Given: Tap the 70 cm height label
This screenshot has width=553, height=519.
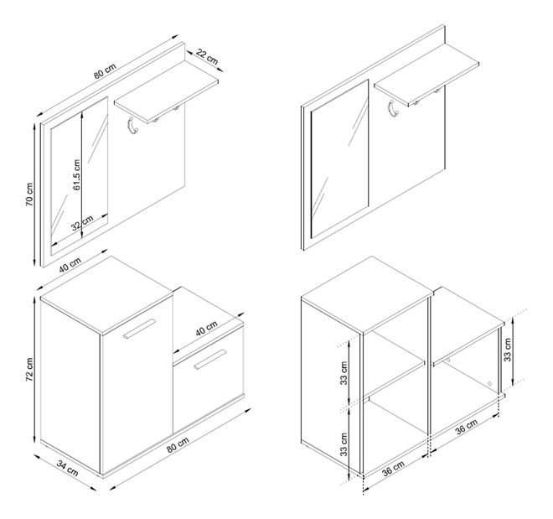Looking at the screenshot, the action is pos(29,195).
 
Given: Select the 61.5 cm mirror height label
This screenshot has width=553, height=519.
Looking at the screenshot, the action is pos(77,174).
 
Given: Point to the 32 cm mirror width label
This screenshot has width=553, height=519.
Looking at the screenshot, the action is pos(82,223).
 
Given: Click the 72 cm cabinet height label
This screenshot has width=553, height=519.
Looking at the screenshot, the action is pos(29,369).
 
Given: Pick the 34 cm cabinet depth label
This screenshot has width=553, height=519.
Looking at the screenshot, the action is pos(68,468).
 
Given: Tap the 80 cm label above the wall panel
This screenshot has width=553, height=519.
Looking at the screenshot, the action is pos(105,71).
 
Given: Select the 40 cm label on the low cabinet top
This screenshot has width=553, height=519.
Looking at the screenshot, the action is pos(207,329).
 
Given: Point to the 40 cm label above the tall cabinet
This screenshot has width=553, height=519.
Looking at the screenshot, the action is pos(70,265).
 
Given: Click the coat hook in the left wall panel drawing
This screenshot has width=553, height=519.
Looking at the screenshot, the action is pos(132,127).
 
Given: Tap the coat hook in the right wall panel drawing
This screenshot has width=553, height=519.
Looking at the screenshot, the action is pos(393,109).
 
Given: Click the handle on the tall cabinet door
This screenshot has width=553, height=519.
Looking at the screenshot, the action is pos(139,330).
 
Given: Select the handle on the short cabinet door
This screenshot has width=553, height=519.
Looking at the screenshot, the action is pos(209,360).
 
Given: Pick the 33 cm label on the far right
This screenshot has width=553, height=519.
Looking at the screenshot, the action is pos(507,350).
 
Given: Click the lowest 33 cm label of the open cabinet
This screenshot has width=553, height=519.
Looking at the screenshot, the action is pos(344,444).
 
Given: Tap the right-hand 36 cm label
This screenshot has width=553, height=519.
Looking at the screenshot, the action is pos(466,427).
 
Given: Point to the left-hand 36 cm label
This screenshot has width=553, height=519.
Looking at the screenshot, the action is pos(393,469).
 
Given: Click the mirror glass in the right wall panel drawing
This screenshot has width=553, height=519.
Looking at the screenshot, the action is pos(340,158).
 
